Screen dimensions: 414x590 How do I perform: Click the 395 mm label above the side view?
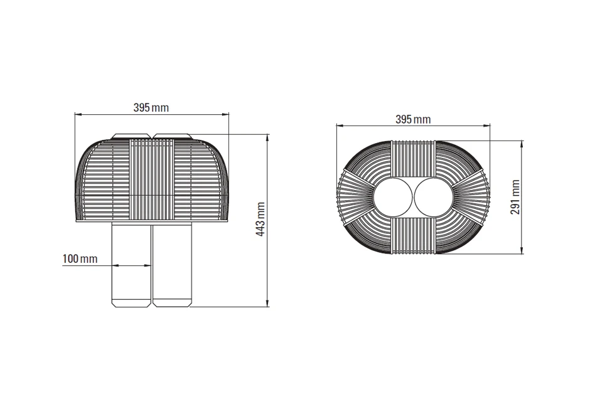coord(151,107)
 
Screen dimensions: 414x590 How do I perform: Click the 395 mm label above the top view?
coord(413,119)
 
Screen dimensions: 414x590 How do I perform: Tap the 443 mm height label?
coord(261,219)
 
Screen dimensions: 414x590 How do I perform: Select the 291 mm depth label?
coord(515,198)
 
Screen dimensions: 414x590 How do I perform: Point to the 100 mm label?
coord(80,258)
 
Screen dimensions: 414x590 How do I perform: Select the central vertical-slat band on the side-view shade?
coord(152,179)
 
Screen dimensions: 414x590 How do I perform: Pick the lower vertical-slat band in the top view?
coord(413,236)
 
